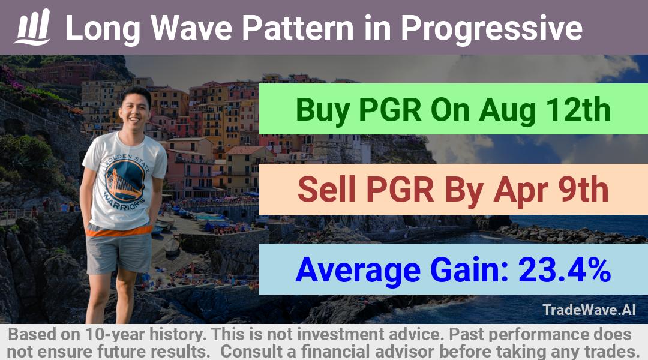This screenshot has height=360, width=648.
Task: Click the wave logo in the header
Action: [x=32, y=27]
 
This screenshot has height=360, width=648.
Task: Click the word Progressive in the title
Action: [x=491, y=29]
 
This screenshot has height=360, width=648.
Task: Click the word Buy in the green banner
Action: [x=323, y=110]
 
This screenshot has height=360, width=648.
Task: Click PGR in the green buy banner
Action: [x=390, y=110]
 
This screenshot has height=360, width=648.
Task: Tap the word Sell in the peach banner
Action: [x=326, y=190]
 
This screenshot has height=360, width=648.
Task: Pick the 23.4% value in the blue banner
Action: [x=565, y=269]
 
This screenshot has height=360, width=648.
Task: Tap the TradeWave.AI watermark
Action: [x=589, y=310]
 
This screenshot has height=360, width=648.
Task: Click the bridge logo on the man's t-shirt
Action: [x=125, y=180]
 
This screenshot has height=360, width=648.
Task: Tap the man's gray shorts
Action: [x=119, y=253]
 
